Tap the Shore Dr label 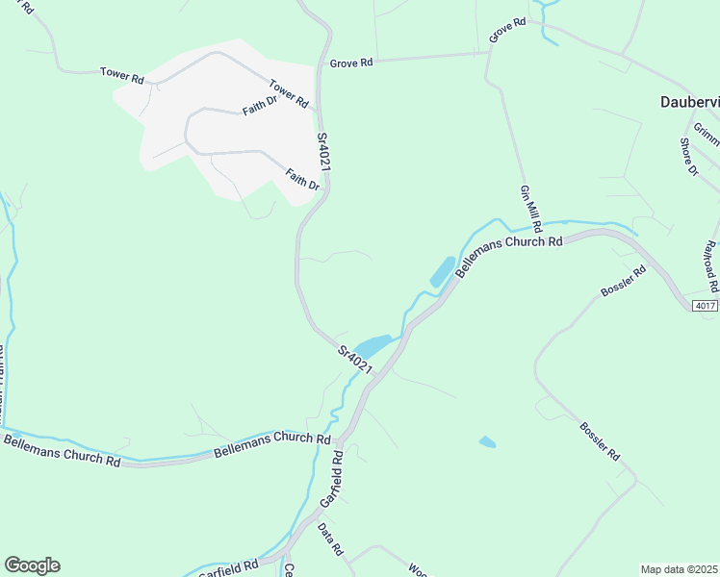688,158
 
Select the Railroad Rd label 711,266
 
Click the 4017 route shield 705,306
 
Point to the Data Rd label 331,541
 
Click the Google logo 32,565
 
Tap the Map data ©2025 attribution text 678,569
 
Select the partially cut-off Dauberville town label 689,101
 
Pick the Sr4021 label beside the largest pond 354,359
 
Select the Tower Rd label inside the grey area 288,92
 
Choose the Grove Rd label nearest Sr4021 350,63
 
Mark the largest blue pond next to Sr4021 373,344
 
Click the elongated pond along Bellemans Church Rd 441,272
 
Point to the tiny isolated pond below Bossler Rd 487,442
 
